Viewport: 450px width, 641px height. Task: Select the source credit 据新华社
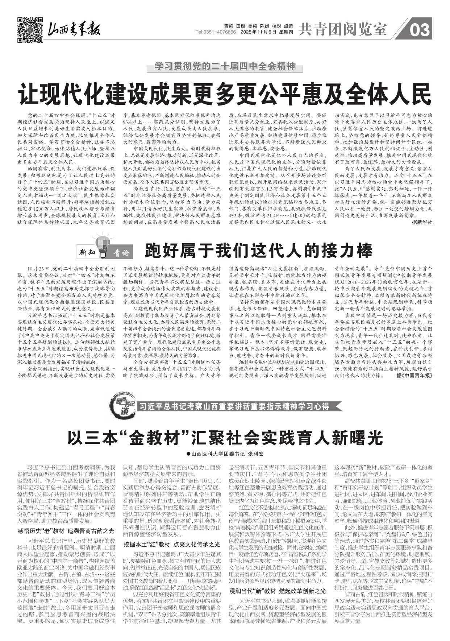422,222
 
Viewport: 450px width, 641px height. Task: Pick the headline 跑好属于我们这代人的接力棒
259,250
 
